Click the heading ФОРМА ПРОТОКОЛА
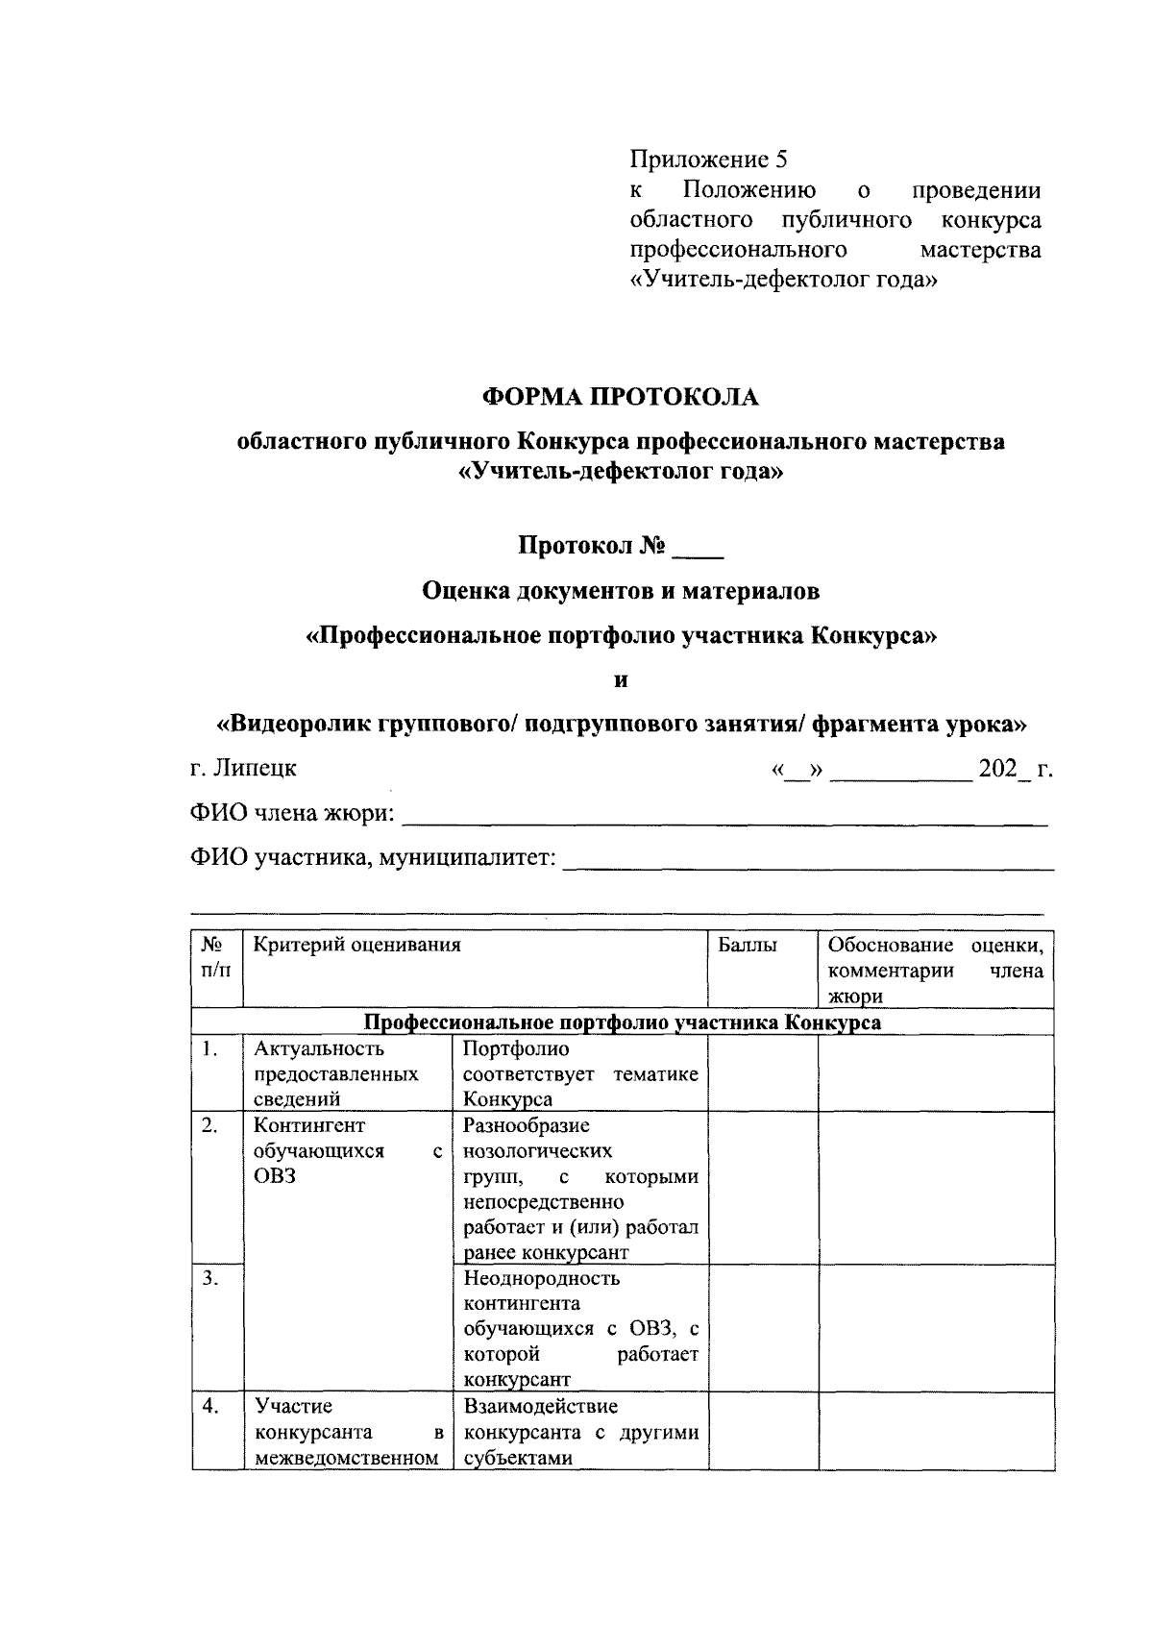(620, 396)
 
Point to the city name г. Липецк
(243, 769)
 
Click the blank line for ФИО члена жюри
(723, 817)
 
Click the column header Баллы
(748, 946)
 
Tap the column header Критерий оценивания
(356, 946)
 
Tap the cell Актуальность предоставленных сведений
(335, 1074)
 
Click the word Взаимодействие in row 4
(539, 1407)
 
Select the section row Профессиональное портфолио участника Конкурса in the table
(622, 1022)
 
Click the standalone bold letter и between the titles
(620, 680)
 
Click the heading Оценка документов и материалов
(621, 591)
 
